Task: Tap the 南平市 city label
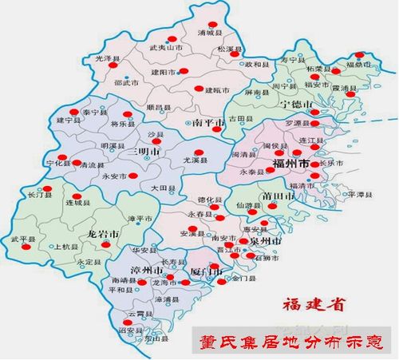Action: [209, 122]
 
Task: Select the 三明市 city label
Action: [146, 151]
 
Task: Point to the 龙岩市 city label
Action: [103, 234]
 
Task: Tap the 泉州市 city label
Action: [264, 240]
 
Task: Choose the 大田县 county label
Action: [161, 188]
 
